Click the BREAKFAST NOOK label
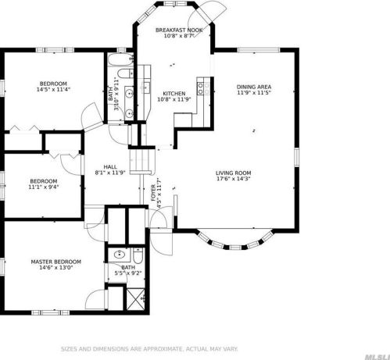point(179,30)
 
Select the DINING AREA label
point(253,87)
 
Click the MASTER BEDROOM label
point(55,262)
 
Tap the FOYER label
point(153,193)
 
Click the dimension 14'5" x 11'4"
point(53,89)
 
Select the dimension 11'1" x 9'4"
point(44,187)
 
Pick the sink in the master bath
point(120,255)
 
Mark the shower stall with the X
point(137,299)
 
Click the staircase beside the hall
point(141,161)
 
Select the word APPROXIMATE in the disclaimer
point(159,349)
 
